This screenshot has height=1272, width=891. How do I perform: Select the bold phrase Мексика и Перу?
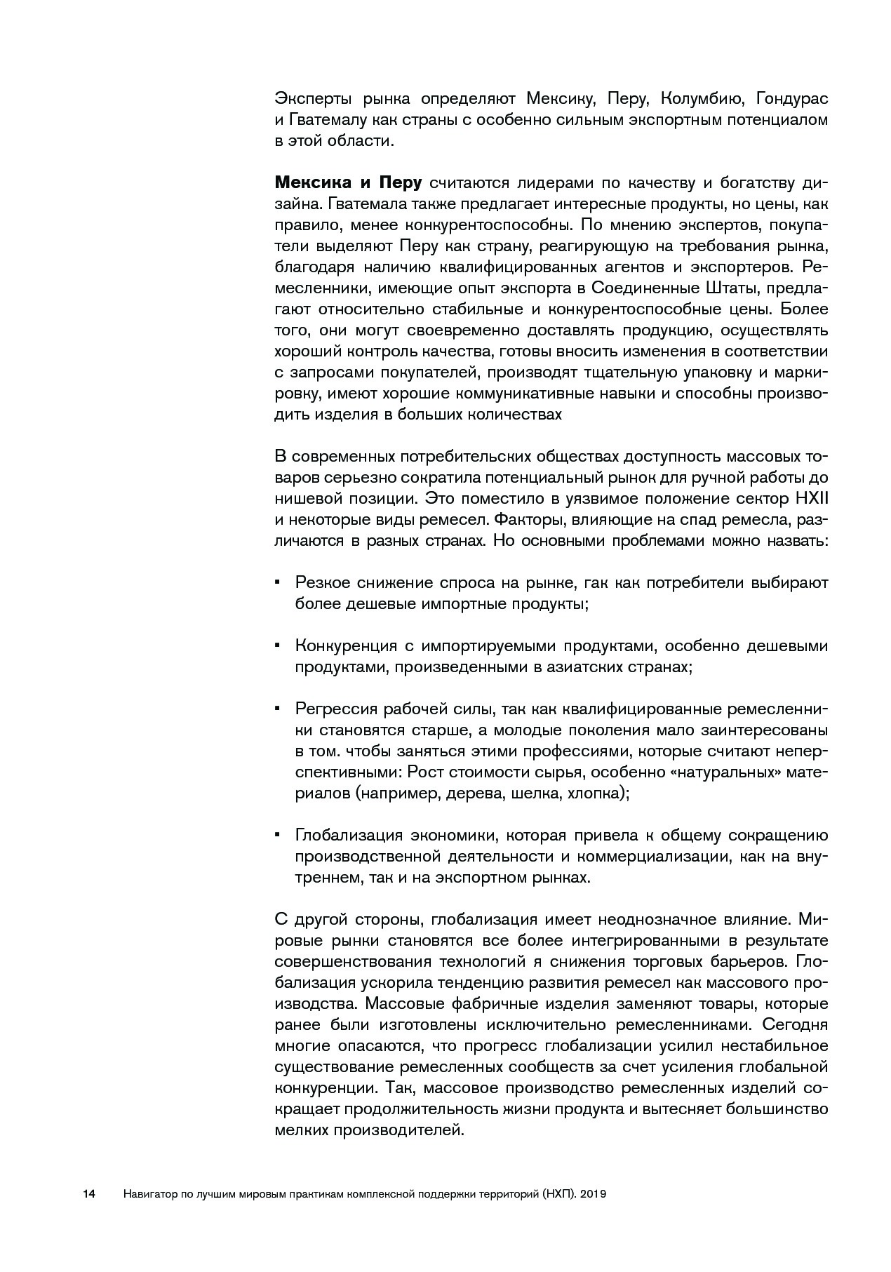pos(348,183)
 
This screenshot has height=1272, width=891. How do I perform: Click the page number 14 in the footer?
pos(89,1193)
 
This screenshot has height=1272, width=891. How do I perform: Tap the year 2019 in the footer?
pos(593,1193)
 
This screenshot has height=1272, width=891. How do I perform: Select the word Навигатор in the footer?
pos(149,1193)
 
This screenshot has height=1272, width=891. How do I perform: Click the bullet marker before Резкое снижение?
pos(278,582)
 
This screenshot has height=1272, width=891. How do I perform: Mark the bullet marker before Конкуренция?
pos(278,645)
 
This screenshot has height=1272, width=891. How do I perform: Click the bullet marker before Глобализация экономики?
pos(278,834)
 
